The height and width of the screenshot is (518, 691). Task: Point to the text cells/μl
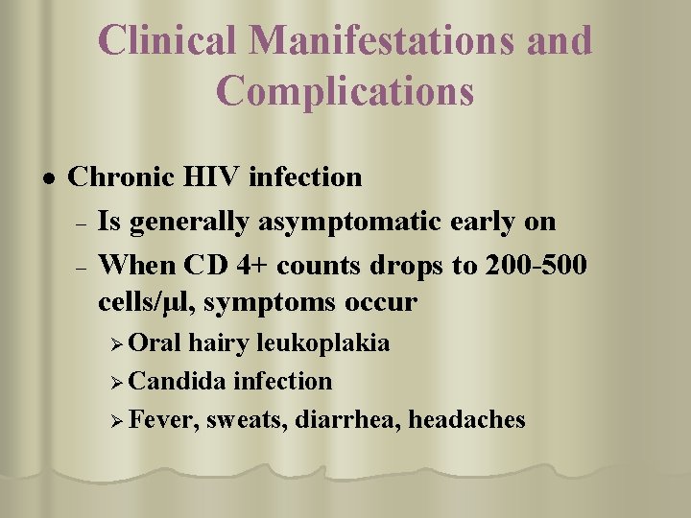click(x=145, y=303)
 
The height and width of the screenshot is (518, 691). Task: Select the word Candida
click(x=178, y=381)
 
